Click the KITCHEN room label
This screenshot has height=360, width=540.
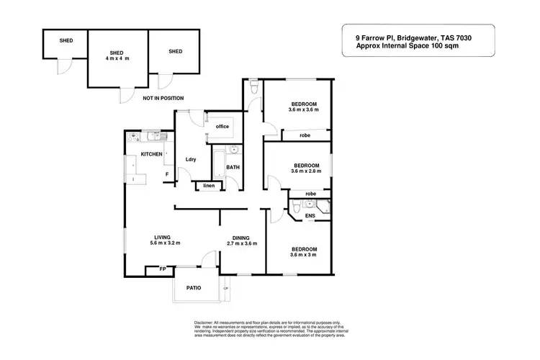pyautogui.click(x=151, y=154)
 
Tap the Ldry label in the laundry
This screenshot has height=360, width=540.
pyautogui.click(x=191, y=159)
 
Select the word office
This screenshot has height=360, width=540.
pyautogui.click(x=222, y=127)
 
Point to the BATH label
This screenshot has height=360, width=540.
pyautogui.click(x=233, y=168)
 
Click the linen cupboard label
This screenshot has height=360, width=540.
pyautogui.click(x=209, y=186)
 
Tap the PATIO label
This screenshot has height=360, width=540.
pyautogui.click(x=192, y=288)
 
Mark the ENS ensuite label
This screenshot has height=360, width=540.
pyautogui.click(x=310, y=215)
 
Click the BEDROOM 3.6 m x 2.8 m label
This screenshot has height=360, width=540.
pyautogui.click(x=305, y=168)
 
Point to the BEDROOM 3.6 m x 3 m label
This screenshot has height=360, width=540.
pyautogui.click(x=303, y=252)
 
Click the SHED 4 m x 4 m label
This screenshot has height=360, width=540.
pyautogui.click(x=117, y=56)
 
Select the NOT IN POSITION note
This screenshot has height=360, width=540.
pyautogui.click(x=163, y=98)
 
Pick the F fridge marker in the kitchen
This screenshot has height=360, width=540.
pyautogui.click(x=167, y=174)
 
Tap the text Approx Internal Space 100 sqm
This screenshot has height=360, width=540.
pyautogui.click(x=408, y=45)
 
